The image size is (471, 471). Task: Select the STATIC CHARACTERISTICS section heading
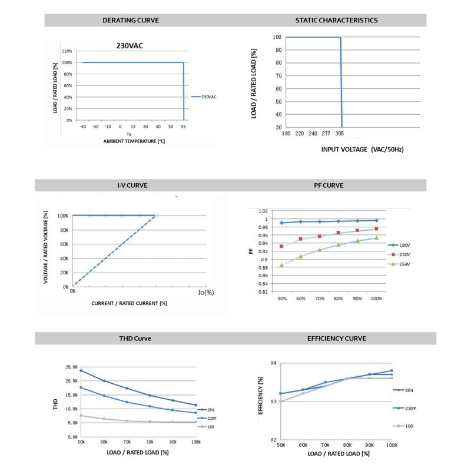[x=336, y=20]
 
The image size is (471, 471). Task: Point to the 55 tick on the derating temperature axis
[x=183, y=127]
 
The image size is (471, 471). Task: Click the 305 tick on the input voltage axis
[x=341, y=134]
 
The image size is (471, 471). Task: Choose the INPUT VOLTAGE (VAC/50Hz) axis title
[x=362, y=150]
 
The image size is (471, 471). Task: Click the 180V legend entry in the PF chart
[x=403, y=245]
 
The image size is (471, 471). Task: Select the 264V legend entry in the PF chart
[x=403, y=264]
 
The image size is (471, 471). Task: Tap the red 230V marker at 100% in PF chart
[x=376, y=228]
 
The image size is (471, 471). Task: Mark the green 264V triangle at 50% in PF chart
[x=282, y=265]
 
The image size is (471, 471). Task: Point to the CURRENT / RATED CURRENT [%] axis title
[x=130, y=303]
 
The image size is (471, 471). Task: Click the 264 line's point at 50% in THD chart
[x=80, y=370]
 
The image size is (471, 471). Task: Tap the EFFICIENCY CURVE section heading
[x=336, y=339]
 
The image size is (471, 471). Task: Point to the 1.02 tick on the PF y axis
[x=263, y=211]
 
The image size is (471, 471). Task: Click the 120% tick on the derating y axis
[x=67, y=51]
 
